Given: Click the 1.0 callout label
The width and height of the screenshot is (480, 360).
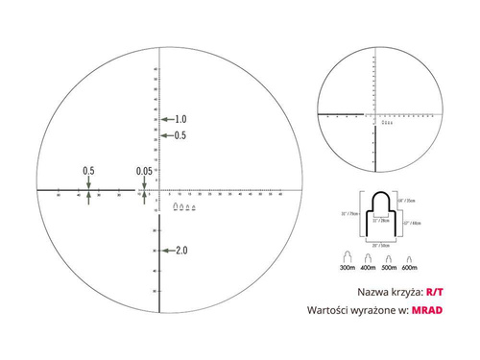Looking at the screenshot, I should [x=180, y=119].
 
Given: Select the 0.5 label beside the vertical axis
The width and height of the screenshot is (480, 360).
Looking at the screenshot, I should [x=180, y=135].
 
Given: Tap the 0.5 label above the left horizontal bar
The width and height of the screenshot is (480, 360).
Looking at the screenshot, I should [x=88, y=171].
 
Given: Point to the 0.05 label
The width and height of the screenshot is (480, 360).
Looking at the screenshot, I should [x=144, y=171].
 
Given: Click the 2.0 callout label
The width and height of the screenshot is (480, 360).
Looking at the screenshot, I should [x=180, y=251].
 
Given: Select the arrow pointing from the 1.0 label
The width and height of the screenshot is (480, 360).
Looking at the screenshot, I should [x=167, y=119].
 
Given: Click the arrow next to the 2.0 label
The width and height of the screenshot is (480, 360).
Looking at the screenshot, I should [x=167, y=251].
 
